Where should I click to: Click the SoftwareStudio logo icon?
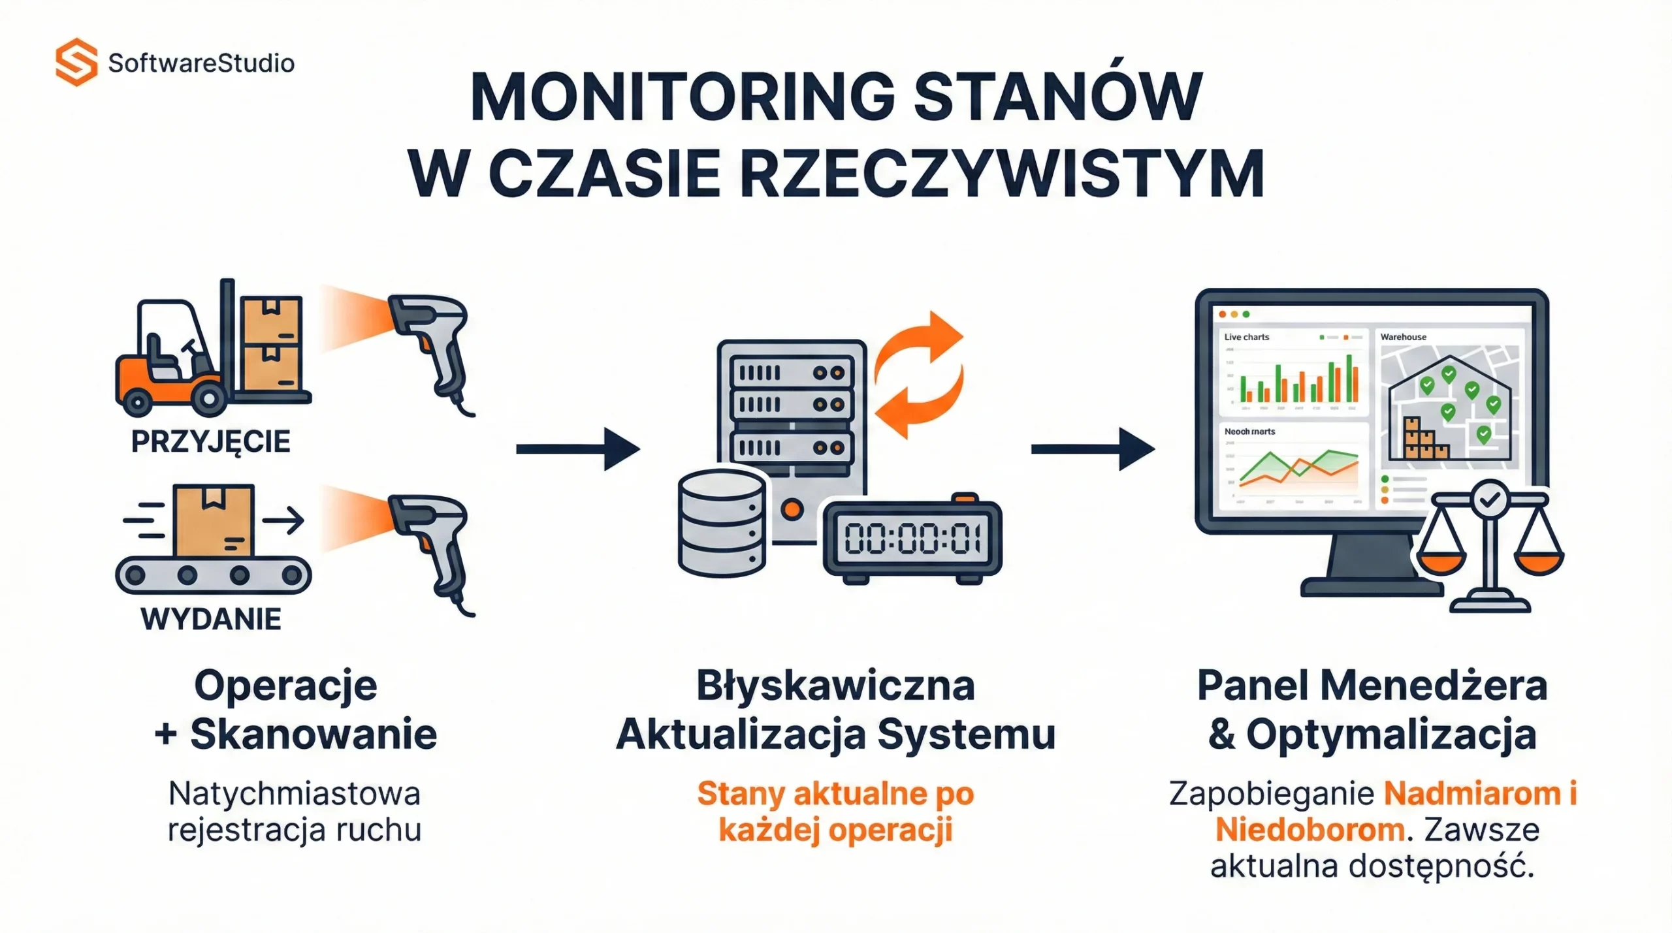[76, 62]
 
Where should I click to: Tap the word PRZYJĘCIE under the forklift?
[210, 441]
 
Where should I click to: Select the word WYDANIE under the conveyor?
[211, 619]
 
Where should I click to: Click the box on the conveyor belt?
[214, 520]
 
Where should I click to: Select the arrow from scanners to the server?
[577, 449]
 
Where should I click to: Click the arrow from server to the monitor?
[1092, 449]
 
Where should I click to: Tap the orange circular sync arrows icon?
[919, 374]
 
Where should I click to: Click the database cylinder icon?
[722, 523]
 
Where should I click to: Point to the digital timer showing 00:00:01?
[912, 539]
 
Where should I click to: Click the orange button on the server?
[792, 509]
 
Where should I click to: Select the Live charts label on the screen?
[1246, 337]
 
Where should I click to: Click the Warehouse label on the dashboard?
[1403, 337]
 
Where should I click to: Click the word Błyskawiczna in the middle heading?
[835, 686]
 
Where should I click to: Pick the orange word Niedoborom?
[1310, 830]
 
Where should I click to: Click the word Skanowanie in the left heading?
[313, 734]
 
